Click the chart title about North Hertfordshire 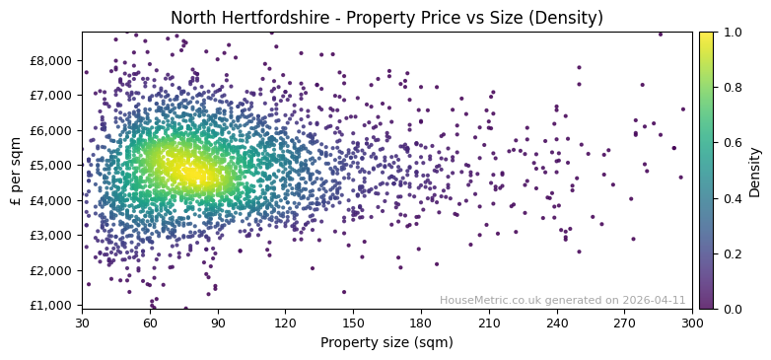point(386,18)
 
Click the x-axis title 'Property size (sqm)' point(386,343)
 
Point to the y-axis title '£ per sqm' point(16,171)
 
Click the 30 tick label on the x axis point(82,322)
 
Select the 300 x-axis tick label point(692,322)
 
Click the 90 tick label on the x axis point(218,322)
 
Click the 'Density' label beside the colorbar point(755,171)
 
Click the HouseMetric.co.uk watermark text point(562,300)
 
